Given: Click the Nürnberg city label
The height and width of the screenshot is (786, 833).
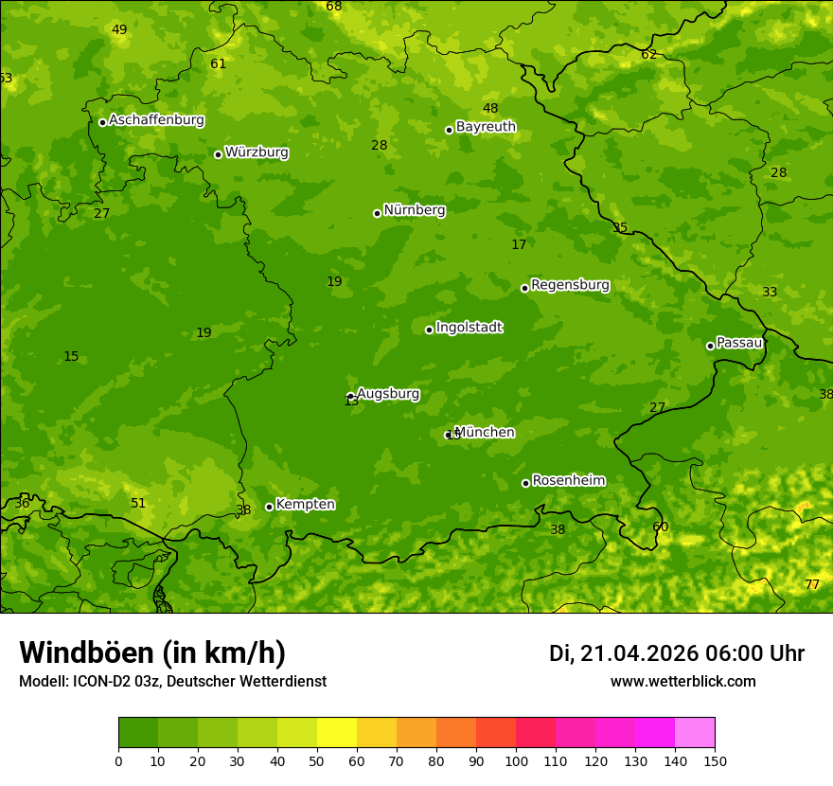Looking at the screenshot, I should pyautogui.click(x=415, y=210).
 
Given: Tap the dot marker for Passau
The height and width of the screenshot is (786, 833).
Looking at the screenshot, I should pyautogui.click(x=710, y=346).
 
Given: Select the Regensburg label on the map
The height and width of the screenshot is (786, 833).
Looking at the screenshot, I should pyautogui.click(x=570, y=285).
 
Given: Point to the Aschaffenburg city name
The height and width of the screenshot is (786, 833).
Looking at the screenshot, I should pyautogui.click(x=156, y=120).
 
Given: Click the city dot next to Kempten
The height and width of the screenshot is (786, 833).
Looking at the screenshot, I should pyautogui.click(x=269, y=507).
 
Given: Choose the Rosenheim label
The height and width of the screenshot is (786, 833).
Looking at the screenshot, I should pyautogui.click(x=568, y=481).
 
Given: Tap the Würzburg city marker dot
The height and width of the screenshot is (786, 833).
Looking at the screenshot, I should pyautogui.click(x=218, y=154).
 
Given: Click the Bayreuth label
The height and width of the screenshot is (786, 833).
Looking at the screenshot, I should pyautogui.click(x=486, y=127).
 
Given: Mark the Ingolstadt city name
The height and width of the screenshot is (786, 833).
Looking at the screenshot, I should pyautogui.click(x=469, y=328).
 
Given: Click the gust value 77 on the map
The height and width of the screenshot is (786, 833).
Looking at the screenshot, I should pyautogui.click(x=812, y=584).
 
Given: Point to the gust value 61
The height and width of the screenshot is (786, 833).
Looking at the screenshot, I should pyautogui.click(x=219, y=64).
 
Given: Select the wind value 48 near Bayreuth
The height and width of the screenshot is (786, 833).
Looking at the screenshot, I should pyautogui.click(x=490, y=109).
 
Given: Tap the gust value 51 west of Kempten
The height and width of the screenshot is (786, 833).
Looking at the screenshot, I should pyautogui.click(x=138, y=504).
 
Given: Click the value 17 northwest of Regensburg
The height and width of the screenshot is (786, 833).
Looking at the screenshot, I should pyautogui.click(x=519, y=245).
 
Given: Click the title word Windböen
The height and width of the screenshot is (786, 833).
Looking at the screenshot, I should pyautogui.click(x=86, y=652).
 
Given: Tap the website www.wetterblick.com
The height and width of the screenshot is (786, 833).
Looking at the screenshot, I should pyautogui.click(x=682, y=682).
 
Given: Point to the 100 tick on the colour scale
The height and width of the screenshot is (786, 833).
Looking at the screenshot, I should pyautogui.click(x=516, y=760).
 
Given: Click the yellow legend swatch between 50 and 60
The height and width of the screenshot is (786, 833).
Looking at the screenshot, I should pyautogui.click(x=337, y=732).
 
